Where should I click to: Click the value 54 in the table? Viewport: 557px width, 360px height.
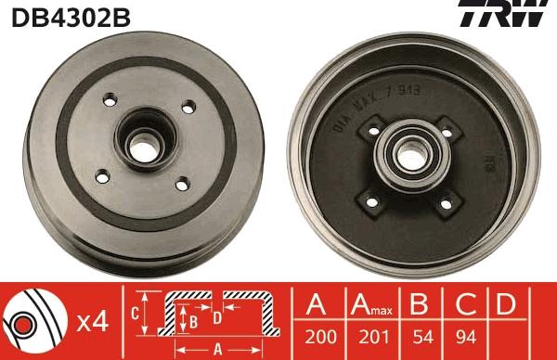click(x=420, y=340)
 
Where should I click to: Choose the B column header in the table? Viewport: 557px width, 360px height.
click(x=420, y=305)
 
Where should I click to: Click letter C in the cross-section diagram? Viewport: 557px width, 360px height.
click(x=135, y=314)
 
